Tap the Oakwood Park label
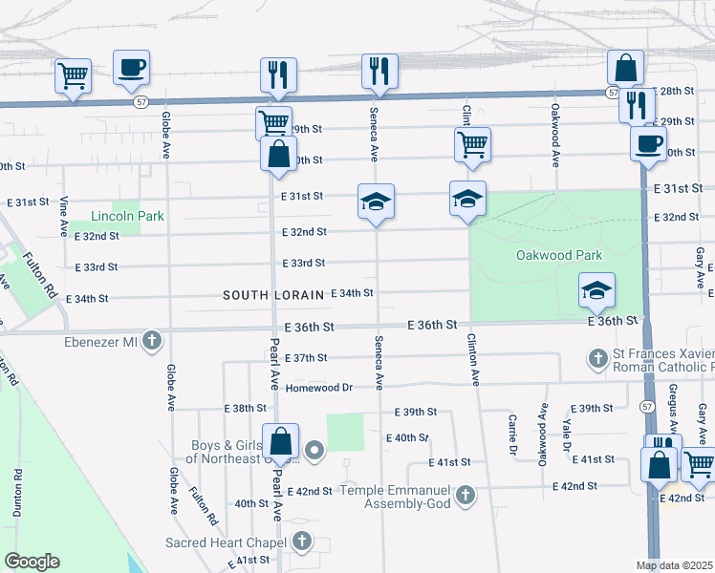point(559,255)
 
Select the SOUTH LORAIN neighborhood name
point(272,295)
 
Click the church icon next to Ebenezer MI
point(152,340)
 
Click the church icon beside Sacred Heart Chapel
point(302,542)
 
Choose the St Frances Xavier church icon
point(598,359)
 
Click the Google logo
point(31,562)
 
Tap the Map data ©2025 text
point(674,565)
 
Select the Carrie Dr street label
point(513,435)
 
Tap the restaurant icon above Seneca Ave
point(379,71)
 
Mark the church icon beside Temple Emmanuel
point(465,495)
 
